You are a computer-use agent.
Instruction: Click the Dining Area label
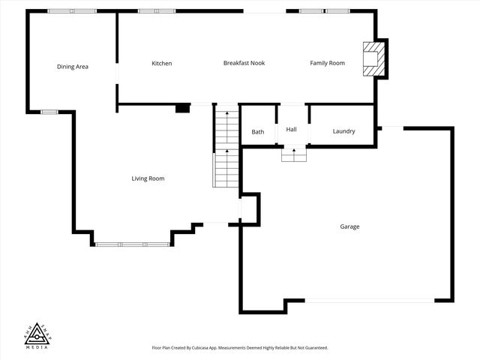tap(73, 67)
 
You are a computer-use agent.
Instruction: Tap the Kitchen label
tap(162, 64)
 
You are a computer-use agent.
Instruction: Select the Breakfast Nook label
tap(244, 64)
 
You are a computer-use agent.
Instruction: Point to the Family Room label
tap(327, 64)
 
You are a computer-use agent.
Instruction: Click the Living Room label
tap(148, 178)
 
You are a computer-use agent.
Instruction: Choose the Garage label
tap(349, 226)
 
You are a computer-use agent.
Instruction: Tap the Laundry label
tap(343, 132)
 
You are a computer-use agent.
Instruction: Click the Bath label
tap(257, 132)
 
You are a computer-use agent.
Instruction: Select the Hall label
tap(292, 130)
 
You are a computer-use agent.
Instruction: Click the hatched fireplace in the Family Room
tap(373, 58)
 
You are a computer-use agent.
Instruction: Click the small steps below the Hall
tap(294, 154)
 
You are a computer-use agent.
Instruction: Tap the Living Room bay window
tap(133, 244)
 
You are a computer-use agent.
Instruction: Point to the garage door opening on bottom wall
tap(369, 301)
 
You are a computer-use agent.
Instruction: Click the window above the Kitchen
tap(157, 11)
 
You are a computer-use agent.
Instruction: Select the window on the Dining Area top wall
tap(72, 11)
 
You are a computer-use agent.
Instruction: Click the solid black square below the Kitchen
tap(182, 108)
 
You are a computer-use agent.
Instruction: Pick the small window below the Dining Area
tap(49, 112)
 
